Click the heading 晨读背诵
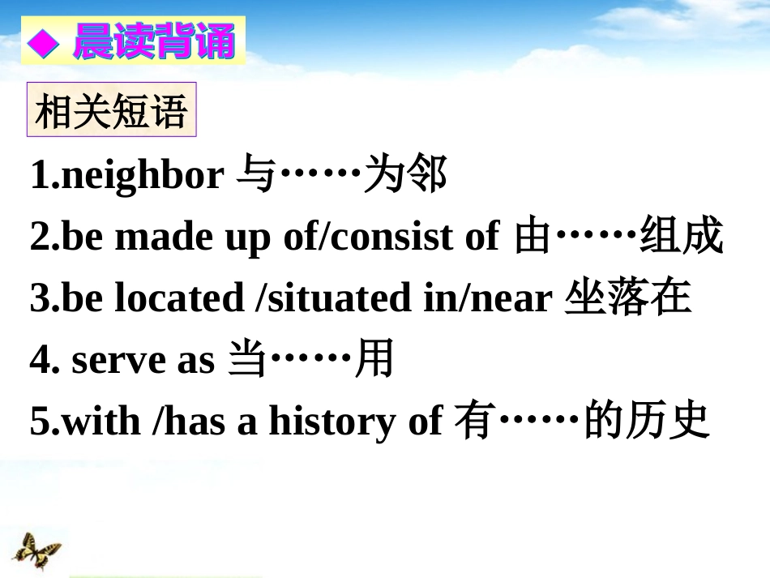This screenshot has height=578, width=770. coord(153,42)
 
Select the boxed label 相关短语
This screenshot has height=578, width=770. coord(112,111)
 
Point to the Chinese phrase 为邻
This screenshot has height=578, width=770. coord(405,175)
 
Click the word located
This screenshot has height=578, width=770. coord(179,298)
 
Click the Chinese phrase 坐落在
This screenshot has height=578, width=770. coord(628,298)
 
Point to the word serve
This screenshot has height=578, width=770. coord(118,361)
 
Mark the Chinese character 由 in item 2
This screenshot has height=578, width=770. coord(533,237)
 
